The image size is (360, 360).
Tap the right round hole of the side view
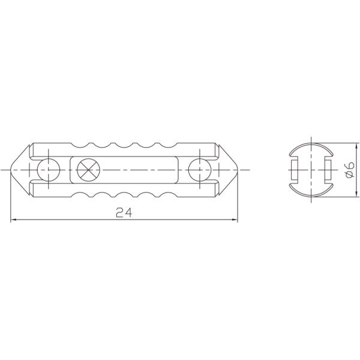point(197,170)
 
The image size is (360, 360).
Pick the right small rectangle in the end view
point(327,170)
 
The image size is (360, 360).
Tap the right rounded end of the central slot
point(175,170)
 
